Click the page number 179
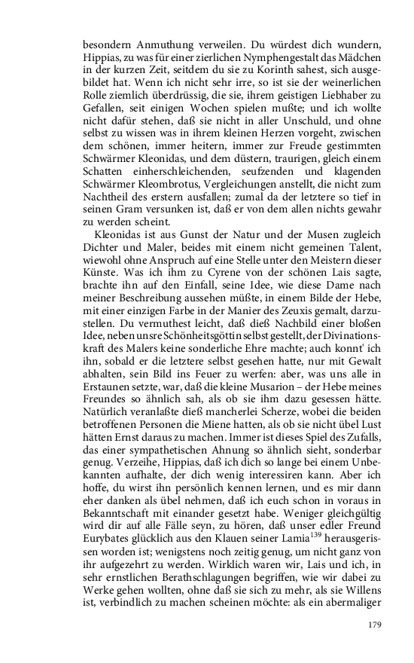coord(376,624)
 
